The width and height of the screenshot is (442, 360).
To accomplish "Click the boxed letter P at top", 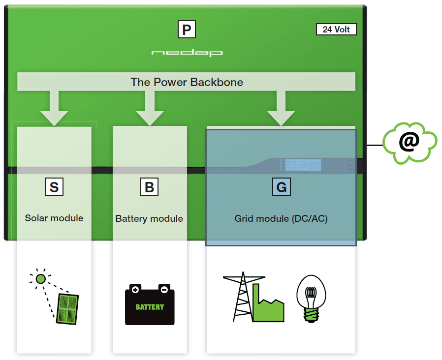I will pos(187,30).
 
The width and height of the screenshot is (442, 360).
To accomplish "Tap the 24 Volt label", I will pos(336,30).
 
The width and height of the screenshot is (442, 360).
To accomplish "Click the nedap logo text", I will pos(187,52).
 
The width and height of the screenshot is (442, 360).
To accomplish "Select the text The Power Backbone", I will pos(187,82).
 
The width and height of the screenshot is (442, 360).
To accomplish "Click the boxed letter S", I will pos(54,187).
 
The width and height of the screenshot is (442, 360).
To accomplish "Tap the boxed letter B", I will pos(150,187).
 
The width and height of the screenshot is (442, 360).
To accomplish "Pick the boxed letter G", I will pos(281,187).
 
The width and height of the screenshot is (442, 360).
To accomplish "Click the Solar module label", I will pos(54,218).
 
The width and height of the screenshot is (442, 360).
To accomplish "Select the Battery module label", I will pos(149,218).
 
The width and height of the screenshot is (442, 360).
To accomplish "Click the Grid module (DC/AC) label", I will pos(281,218).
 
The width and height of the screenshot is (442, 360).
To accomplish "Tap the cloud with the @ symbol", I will pos(410,143).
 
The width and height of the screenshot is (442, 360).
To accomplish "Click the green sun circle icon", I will pos(40,279).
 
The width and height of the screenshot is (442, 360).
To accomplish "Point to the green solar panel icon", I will pos(67,308).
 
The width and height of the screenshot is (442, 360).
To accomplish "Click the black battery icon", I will pos(150,304).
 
